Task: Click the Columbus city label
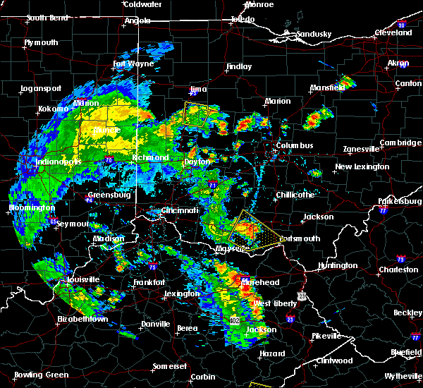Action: pos(295,146)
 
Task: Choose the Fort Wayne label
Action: pos(134,64)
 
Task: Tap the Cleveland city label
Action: pos(393,33)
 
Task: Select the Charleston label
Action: pos(398,269)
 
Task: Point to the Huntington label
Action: pos(337,265)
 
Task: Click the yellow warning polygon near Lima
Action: pos(199,114)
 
